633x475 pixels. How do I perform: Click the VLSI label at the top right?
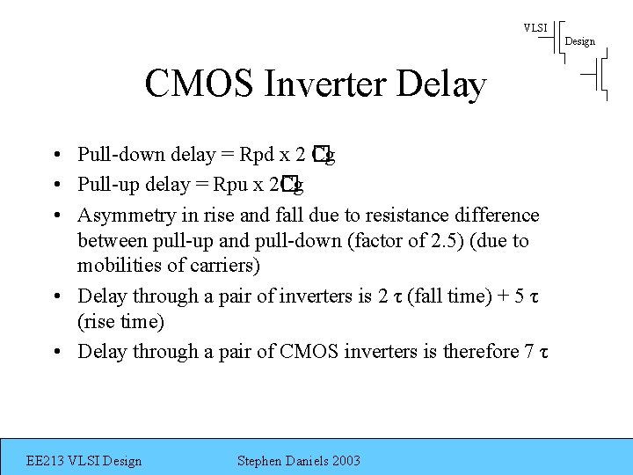tap(535, 28)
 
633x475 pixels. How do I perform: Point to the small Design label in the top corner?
tap(579, 41)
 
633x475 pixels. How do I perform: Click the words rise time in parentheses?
tap(121, 322)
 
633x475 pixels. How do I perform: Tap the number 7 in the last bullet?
tap(528, 352)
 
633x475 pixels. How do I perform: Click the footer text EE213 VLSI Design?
tap(84, 461)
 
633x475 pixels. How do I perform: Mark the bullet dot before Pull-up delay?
tap(55, 186)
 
